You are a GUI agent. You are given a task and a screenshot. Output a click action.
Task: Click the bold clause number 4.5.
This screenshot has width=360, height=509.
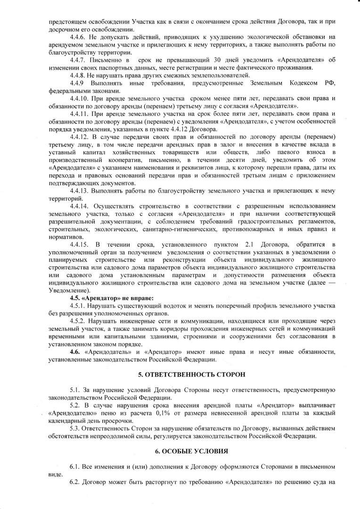tap(74, 298)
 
